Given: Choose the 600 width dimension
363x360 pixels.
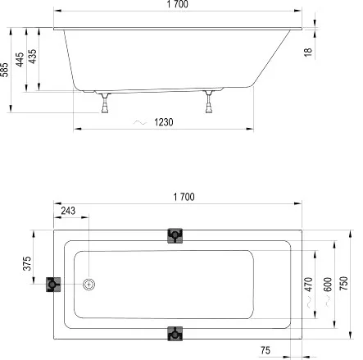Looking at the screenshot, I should coord(328,283).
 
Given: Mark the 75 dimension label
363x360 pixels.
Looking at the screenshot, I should coord(266,349).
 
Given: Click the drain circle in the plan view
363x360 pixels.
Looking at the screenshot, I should coord(88,285).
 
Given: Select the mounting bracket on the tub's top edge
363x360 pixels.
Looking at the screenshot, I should coord(174,236).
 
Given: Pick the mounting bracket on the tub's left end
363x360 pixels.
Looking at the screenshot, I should coord(53,285).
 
